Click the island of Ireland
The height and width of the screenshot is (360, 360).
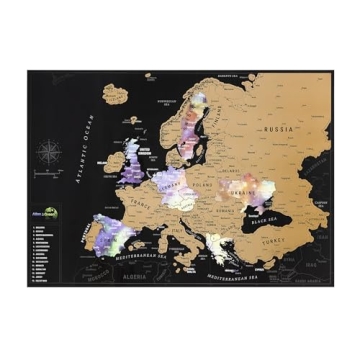(108, 169)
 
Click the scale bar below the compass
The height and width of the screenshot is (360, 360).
(48, 177)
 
